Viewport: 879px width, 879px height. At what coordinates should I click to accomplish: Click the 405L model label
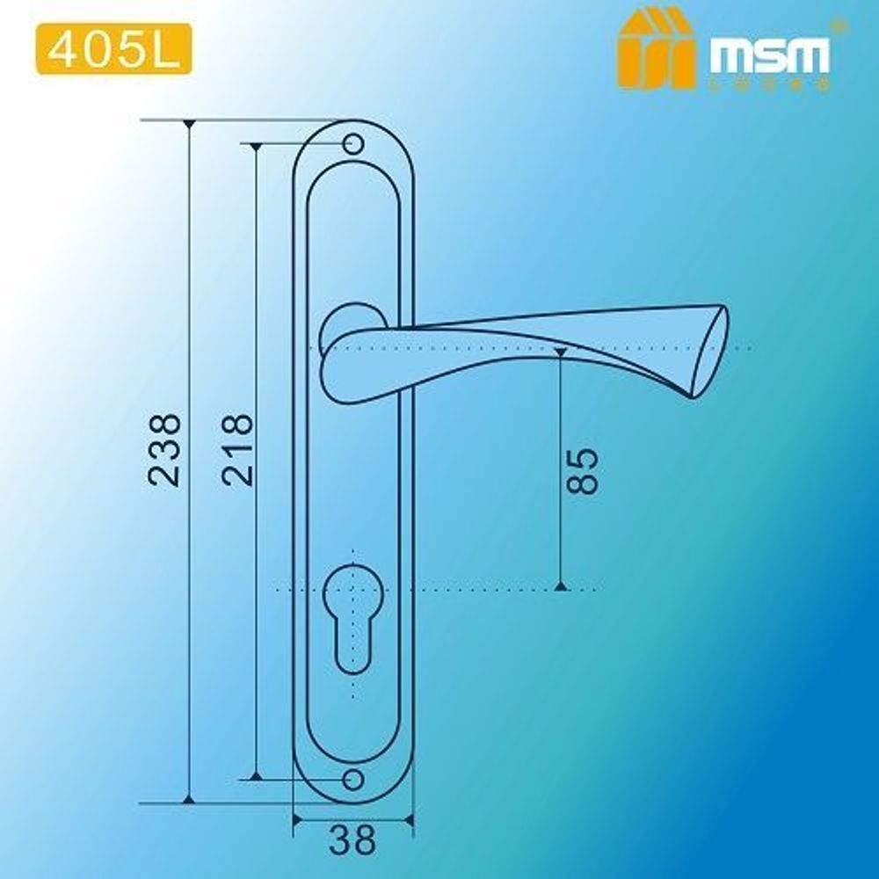click(109, 51)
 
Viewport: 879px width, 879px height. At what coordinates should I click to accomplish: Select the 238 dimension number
click(165, 449)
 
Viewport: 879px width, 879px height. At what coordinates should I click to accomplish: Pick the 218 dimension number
click(237, 449)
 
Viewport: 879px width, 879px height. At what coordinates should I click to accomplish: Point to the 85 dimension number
click(583, 471)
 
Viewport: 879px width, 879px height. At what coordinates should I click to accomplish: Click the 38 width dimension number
click(352, 839)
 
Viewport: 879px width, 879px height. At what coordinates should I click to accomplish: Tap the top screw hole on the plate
click(353, 143)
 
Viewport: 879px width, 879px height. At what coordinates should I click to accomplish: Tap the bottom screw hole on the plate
click(353, 779)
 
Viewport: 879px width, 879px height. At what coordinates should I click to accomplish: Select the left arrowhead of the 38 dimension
click(298, 822)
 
